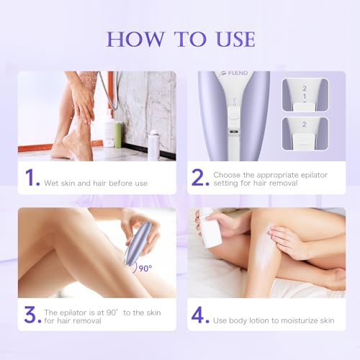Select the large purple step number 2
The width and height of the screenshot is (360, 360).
pyautogui.click(x=200, y=179)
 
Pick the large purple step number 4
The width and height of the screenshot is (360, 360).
pyautogui.click(x=201, y=314)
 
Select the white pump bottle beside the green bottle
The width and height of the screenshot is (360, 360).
pyautogui.click(x=109, y=130)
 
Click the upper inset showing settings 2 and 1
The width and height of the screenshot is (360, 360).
pyautogui.click(x=305, y=94)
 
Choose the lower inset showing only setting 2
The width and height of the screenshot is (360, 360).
pyautogui.click(x=305, y=134)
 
